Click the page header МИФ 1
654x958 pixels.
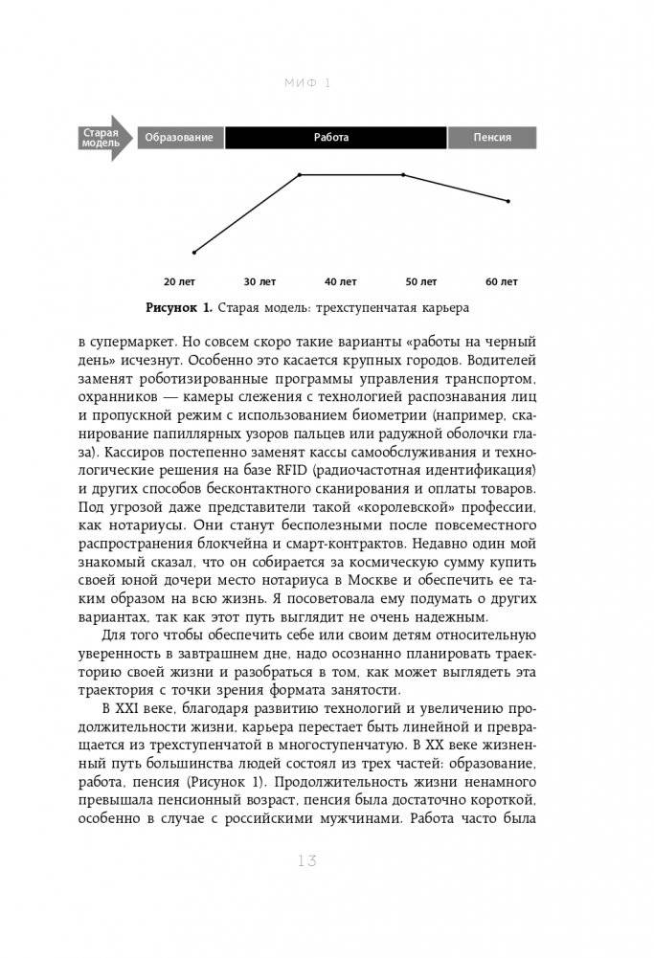(307, 83)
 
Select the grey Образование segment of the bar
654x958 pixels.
(180, 138)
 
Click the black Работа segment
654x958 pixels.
(335, 138)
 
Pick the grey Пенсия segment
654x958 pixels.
(492, 138)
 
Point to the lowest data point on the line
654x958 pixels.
(194, 253)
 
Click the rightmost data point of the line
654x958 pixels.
(508, 201)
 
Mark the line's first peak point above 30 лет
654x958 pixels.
(300, 175)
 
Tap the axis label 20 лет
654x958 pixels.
(179, 282)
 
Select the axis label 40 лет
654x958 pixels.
(340, 282)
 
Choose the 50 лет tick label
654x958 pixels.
(420, 282)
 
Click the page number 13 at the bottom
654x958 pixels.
(306, 861)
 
